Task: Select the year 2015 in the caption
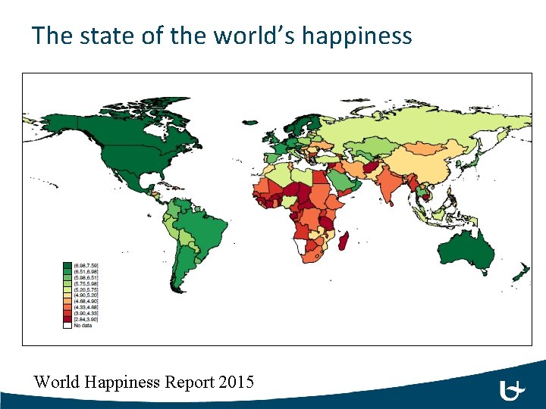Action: click(235, 381)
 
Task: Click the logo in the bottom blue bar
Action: click(513, 391)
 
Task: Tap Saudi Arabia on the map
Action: click(346, 182)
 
